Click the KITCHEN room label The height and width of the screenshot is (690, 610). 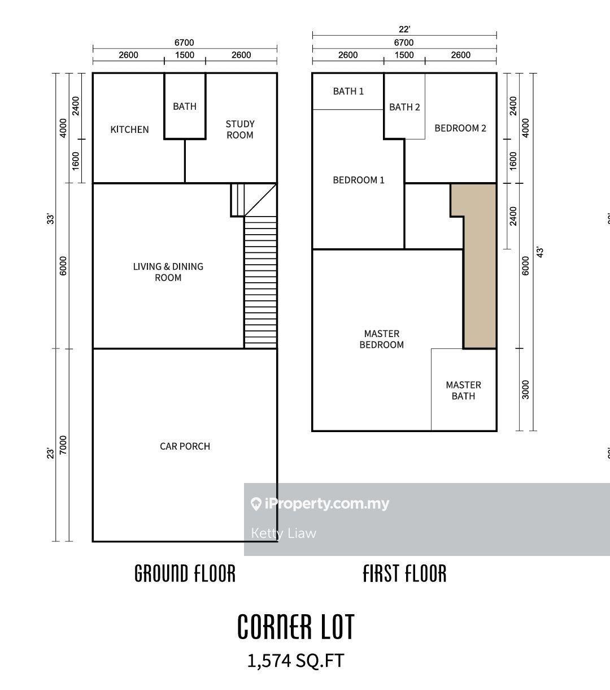(129, 130)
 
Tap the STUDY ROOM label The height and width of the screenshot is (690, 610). (240, 130)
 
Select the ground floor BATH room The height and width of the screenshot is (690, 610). (185, 106)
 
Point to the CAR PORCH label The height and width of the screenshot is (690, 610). (185, 446)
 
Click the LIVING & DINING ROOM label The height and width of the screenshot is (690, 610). (168, 272)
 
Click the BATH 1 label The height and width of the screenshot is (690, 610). (348, 91)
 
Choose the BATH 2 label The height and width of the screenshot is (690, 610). (404, 107)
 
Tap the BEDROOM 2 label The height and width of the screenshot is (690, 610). (460, 128)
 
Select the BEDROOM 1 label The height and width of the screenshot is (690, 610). (359, 180)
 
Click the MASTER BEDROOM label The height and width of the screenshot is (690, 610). (382, 339)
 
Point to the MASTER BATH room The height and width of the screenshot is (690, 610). (463, 390)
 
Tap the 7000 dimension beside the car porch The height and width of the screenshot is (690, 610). (63, 445)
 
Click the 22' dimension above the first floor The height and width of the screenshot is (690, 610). (404, 29)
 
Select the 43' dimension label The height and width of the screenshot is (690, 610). (540, 252)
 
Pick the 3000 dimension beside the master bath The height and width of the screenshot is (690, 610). (526, 390)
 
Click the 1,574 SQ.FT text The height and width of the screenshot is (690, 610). (295, 661)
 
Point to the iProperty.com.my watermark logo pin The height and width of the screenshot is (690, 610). (256, 504)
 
